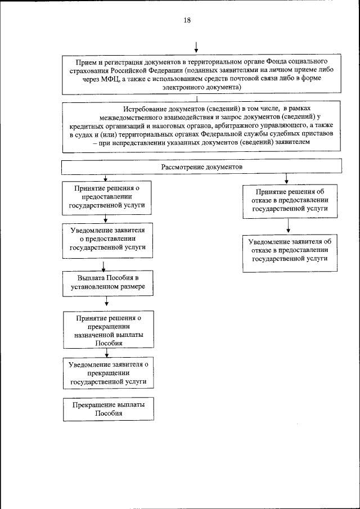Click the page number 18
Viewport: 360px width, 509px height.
187,21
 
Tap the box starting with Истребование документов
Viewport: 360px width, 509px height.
201,126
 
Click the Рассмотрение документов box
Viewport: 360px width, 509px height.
201,168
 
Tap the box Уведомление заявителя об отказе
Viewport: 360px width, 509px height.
289,250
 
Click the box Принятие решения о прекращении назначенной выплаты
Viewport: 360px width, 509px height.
107,330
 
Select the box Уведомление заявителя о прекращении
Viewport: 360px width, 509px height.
107,373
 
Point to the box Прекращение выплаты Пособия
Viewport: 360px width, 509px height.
107,409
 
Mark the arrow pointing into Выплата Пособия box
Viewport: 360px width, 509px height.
103,266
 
